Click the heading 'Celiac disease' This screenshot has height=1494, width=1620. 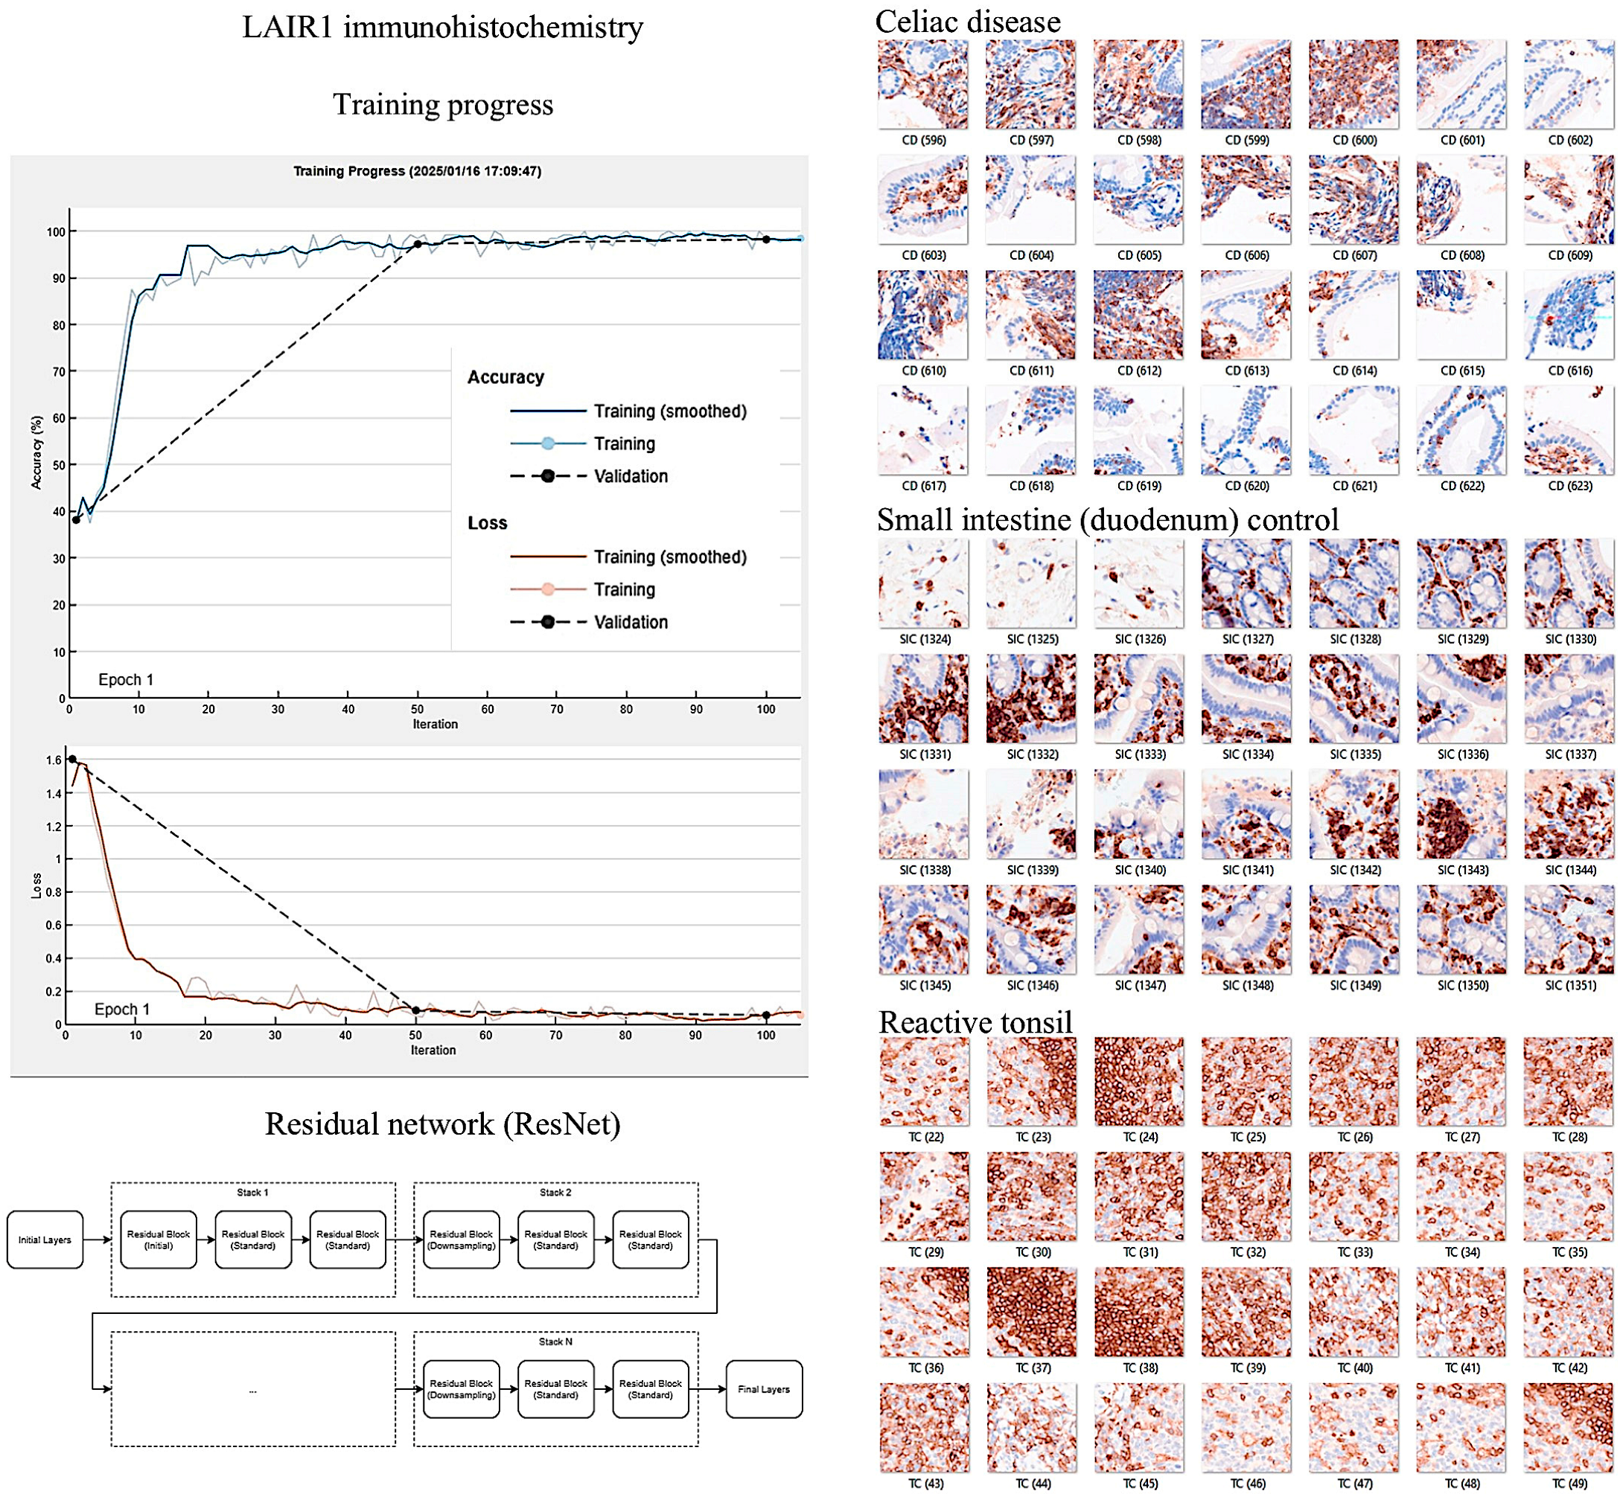coord(967,22)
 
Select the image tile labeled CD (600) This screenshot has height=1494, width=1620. coord(1353,84)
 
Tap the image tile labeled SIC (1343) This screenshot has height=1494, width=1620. coord(1461,813)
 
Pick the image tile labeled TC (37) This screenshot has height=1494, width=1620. coord(1031,1311)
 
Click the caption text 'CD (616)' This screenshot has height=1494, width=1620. coord(1569,371)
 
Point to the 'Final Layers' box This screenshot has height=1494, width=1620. coord(764,1389)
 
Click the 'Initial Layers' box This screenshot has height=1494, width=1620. coord(45,1240)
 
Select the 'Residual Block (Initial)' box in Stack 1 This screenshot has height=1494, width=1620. coord(159,1240)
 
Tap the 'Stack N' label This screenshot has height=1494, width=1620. coord(555,1341)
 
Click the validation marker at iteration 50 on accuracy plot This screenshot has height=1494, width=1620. coord(418,243)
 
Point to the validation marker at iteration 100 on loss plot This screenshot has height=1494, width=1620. coord(766,1015)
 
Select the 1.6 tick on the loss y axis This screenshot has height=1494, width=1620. coord(54,760)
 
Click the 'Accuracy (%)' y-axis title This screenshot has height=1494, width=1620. coord(36,452)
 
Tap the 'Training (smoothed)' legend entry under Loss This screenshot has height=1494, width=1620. coord(670,557)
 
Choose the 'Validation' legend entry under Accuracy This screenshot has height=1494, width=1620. coord(631,475)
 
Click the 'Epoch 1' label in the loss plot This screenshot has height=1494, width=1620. coord(121,1009)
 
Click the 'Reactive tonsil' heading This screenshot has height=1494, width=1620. coord(975,1022)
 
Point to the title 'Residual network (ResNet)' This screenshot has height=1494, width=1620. coord(442,1123)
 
